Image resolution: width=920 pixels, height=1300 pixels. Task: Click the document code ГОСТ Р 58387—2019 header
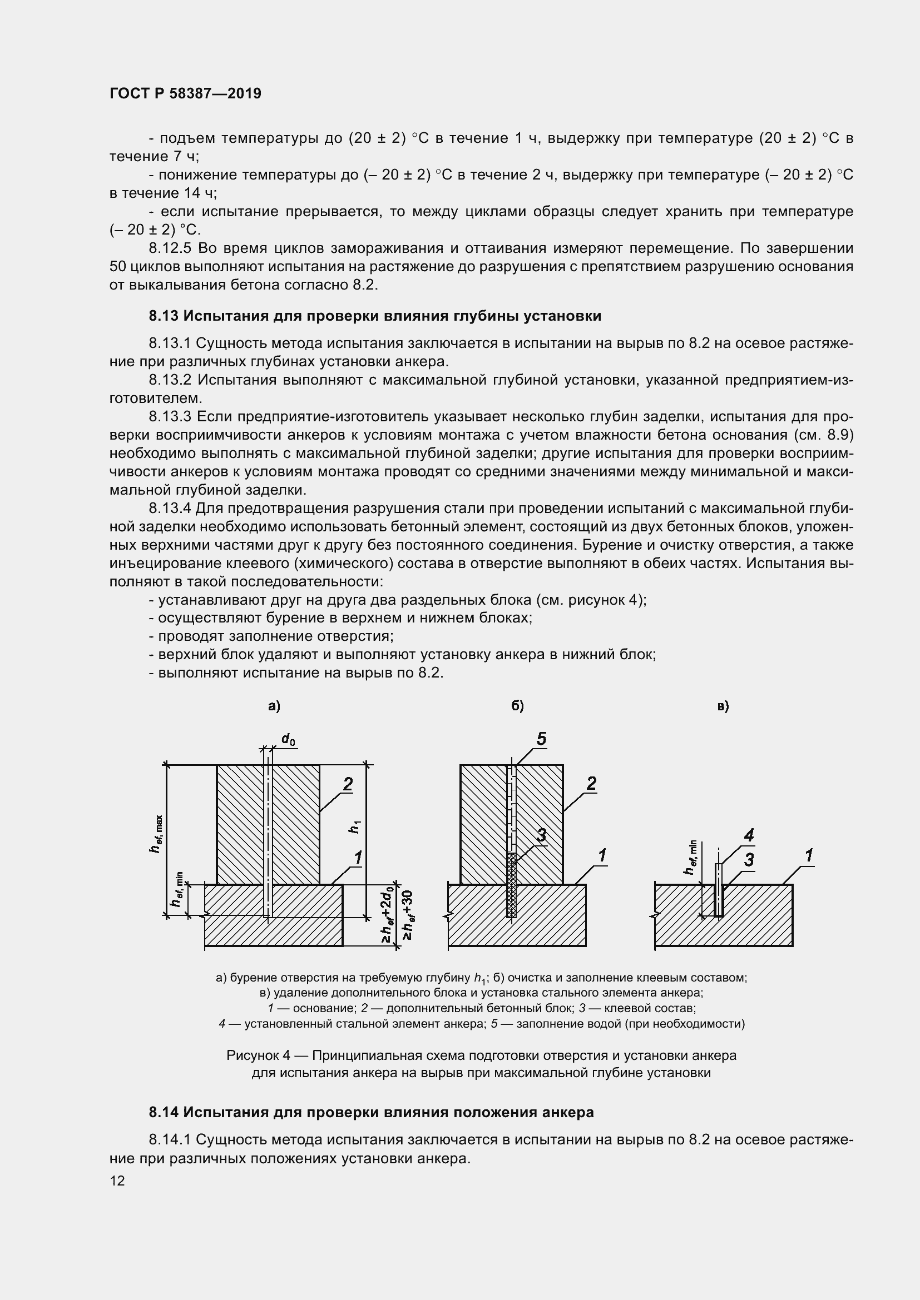coord(185,93)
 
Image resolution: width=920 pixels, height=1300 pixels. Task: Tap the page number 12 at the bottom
coord(117,1181)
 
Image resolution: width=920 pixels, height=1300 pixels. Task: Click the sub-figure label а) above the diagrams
coord(274,706)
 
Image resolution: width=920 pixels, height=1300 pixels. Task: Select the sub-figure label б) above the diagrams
coord(517,706)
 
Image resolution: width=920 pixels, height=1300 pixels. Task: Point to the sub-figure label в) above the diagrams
coord(724,706)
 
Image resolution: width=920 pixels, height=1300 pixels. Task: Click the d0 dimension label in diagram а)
coord(288,739)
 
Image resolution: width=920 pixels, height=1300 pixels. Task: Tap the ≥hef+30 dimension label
coord(407,915)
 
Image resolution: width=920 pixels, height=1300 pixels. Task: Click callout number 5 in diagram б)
coord(541,739)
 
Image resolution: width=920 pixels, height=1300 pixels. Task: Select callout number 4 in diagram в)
coord(749,835)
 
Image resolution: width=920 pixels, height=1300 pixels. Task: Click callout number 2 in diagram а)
coord(348,784)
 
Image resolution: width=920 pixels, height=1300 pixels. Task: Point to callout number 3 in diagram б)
coord(541,835)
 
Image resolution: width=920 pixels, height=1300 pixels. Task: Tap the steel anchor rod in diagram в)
coord(719,890)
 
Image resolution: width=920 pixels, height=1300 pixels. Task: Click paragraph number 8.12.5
coord(170,248)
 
